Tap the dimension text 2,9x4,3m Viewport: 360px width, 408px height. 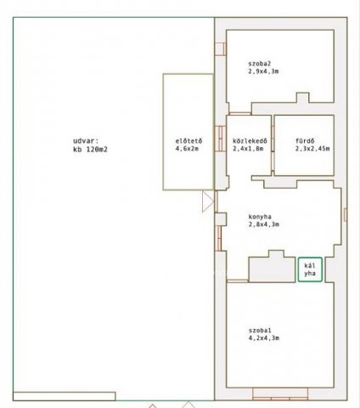coord(263,71)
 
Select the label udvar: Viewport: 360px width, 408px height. coord(86,141)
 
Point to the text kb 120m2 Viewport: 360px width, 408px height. coord(90,150)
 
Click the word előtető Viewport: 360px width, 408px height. coord(188,141)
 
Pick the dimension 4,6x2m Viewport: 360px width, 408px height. coord(187,149)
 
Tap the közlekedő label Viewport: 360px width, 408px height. coord(250,141)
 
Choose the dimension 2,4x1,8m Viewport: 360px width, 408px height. coord(248,149)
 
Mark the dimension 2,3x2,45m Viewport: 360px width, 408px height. coord(312,149)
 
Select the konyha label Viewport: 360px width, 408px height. coord(260,217)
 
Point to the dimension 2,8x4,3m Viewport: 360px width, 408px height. coord(263,224)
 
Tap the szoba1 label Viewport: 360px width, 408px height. coord(260,331)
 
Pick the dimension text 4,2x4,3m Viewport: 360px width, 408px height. coord(264,338)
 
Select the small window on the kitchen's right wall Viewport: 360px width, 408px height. coord(346,214)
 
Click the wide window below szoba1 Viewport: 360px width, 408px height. coord(280,394)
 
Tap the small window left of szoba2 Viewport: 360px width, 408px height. coord(221,48)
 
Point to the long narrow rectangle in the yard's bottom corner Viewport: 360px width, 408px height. coord(65,396)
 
